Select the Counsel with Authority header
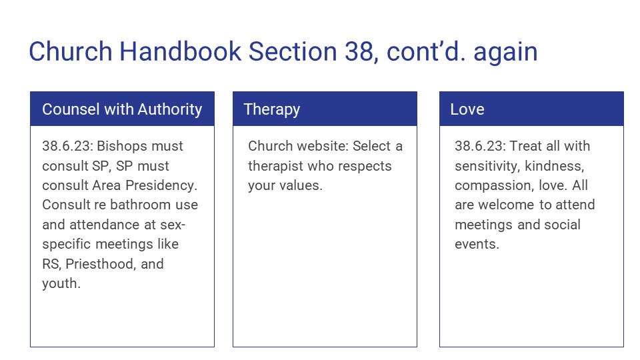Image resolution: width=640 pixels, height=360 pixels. coord(122,109)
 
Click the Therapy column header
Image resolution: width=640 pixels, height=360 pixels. coord(271,109)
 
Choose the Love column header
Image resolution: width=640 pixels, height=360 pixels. coord(467,109)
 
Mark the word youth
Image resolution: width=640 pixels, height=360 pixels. coord(59,283)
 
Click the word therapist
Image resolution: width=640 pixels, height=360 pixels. coord(275,166)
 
